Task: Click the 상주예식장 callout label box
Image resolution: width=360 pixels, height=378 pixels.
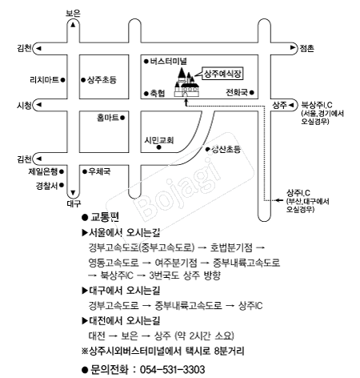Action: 222,74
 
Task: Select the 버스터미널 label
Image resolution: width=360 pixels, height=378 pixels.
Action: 168,62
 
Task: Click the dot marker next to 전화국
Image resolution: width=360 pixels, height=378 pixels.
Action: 252,93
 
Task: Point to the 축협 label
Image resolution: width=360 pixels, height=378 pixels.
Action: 158,93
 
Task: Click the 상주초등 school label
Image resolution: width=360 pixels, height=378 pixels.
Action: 102,79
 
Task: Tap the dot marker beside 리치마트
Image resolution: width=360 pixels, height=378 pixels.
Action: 63,79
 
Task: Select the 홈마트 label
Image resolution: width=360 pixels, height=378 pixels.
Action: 108,118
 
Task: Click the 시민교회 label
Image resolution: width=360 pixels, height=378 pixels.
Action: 159,140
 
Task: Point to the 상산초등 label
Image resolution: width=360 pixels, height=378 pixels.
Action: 226,149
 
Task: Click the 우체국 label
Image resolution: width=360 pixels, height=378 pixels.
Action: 99,171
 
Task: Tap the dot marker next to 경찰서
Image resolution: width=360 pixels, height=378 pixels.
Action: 62,185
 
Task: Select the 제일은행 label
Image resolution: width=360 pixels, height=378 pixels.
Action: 43,171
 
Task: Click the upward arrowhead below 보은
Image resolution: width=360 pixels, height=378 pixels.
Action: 73,25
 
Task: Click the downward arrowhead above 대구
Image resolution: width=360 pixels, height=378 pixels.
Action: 73,193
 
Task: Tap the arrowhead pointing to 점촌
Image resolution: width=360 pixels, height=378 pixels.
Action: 293,48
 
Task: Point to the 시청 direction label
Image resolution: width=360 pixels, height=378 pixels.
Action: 24,106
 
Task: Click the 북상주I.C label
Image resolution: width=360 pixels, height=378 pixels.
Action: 317,105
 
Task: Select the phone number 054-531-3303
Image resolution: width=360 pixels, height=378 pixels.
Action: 172,370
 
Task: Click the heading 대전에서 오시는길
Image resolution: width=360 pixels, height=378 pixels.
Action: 124,320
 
